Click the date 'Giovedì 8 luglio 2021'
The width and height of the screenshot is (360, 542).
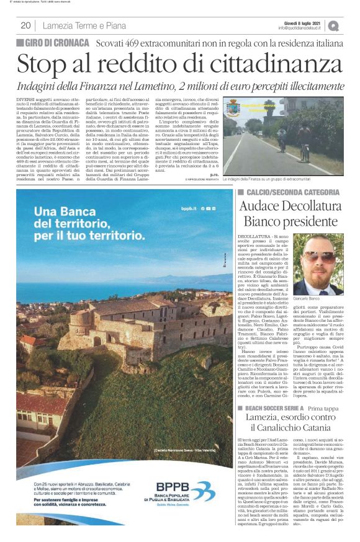click(300, 22)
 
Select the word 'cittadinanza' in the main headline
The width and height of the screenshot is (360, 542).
click(244, 64)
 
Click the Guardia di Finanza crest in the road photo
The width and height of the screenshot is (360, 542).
click(235, 106)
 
